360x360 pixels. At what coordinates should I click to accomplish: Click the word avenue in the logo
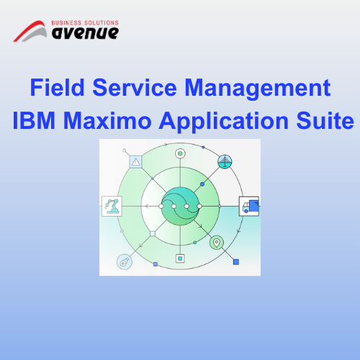click(x=85, y=33)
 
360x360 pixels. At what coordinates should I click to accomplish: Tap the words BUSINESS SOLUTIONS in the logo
click(x=85, y=23)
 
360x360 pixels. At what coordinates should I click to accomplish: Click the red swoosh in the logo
click(x=27, y=30)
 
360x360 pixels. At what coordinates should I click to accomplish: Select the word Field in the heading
click(x=57, y=87)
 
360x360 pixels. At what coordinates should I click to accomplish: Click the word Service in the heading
click(x=135, y=87)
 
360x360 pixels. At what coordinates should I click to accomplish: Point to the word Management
click(x=258, y=89)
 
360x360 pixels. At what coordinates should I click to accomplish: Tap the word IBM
click(x=34, y=120)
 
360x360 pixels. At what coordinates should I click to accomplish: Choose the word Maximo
click(x=107, y=120)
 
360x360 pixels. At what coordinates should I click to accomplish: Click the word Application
click(x=224, y=122)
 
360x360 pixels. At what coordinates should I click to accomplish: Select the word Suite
click(x=325, y=120)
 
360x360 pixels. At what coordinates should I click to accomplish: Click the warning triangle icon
click(x=136, y=162)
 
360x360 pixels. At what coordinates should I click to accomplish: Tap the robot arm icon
click(x=112, y=206)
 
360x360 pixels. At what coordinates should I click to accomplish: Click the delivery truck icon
click(x=249, y=206)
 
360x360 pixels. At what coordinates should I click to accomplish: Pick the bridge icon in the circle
click(x=225, y=161)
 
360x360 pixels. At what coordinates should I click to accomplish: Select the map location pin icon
click(x=217, y=243)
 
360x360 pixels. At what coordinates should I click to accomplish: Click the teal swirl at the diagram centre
click(x=180, y=206)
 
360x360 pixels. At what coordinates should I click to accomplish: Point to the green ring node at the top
click(x=180, y=153)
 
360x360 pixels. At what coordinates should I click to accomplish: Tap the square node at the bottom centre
click(x=180, y=258)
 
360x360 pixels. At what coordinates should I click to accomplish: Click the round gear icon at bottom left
click(x=125, y=262)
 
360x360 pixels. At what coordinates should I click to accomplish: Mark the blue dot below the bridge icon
click(x=202, y=184)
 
